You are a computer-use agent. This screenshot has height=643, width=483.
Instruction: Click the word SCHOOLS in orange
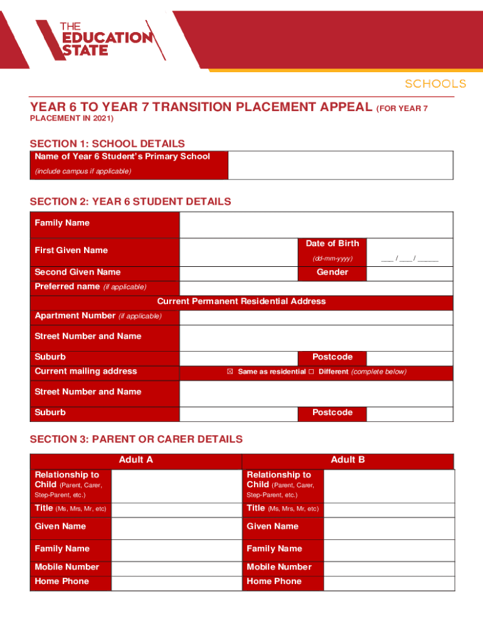tap(435, 84)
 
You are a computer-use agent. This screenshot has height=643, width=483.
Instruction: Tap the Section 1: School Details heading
tap(107, 143)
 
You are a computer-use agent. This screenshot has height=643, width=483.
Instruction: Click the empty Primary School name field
tap(340, 165)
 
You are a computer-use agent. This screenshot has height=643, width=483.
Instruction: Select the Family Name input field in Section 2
tap(316, 225)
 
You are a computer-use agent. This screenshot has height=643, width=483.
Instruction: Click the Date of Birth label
tap(332, 244)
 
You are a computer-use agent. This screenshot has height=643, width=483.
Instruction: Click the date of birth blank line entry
tap(409, 259)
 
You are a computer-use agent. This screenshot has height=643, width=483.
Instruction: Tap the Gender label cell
tap(332, 273)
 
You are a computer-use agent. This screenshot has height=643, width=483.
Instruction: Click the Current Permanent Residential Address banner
tap(241, 301)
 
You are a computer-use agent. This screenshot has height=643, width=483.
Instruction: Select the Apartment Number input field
tap(316, 316)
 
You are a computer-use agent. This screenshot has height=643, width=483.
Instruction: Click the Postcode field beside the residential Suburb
tap(409, 357)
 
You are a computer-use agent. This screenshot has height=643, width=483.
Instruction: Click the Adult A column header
tap(135, 460)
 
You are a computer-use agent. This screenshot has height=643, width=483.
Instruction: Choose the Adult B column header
tap(348, 460)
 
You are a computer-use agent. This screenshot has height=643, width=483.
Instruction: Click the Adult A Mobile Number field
tap(176, 567)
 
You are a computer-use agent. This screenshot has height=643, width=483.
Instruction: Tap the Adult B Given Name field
tap(388, 527)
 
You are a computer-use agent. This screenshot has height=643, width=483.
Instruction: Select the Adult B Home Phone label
tap(274, 581)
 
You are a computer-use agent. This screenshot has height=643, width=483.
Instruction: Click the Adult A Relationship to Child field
tap(176, 485)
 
